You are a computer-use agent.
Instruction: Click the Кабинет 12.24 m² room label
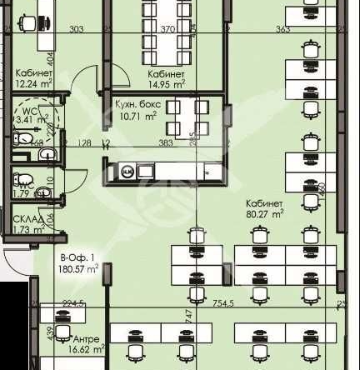coord(34,78)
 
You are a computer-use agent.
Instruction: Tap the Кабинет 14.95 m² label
coord(166,78)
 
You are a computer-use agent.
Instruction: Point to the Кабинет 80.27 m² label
coord(264,207)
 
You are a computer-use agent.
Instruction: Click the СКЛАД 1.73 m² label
coord(28,223)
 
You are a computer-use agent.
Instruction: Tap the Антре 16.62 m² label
coord(87,344)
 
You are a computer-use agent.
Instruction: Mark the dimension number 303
coord(77,29)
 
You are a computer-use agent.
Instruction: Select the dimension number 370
coord(167,29)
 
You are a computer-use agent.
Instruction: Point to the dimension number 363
coord(282,29)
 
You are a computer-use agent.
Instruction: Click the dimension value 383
coord(165,143)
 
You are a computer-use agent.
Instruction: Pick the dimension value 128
coord(84,143)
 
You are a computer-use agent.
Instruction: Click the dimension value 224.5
coord(73,304)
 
